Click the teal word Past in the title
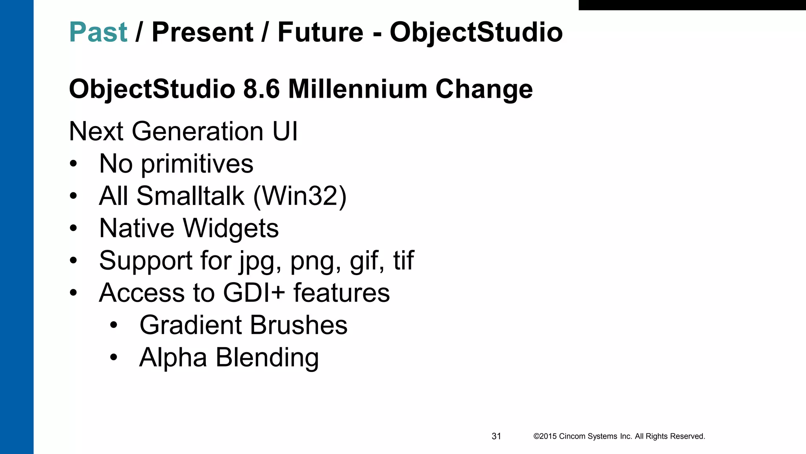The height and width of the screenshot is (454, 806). point(98,32)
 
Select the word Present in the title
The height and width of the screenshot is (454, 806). point(202,32)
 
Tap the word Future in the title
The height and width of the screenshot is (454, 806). point(320,32)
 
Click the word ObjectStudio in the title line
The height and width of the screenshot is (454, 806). point(476,32)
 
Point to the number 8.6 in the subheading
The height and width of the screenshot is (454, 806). point(261,89)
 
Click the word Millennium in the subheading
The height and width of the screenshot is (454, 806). point(357,89)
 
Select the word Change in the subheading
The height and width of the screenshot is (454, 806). point(484,89)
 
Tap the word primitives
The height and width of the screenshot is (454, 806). point(197,164)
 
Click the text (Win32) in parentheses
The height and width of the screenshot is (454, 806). point(300,196)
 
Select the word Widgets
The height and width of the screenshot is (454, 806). point(231,228)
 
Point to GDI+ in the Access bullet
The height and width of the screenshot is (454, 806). point(254,293)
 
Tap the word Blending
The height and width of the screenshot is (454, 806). point(267,358)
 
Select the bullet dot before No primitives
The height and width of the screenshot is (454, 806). point(73,164)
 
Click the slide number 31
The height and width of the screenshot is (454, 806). point(496,436)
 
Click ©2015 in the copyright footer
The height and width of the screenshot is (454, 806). point(545,436)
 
